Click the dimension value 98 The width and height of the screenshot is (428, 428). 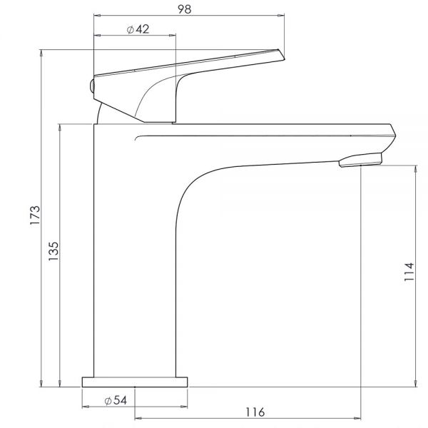point(185,9)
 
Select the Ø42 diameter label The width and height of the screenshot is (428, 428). point(138,29)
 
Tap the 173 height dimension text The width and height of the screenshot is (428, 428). point(35,215)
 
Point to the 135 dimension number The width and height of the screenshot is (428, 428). point(53,251)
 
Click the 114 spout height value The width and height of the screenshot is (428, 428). point(409,272)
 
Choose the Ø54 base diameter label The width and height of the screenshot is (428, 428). point(116,400)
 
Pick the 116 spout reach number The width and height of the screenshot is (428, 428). point(255,412)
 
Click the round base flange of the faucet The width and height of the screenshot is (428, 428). point(135,382)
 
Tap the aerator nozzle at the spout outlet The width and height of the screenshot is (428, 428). point(360,160)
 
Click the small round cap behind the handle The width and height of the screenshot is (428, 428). point(92,86)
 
